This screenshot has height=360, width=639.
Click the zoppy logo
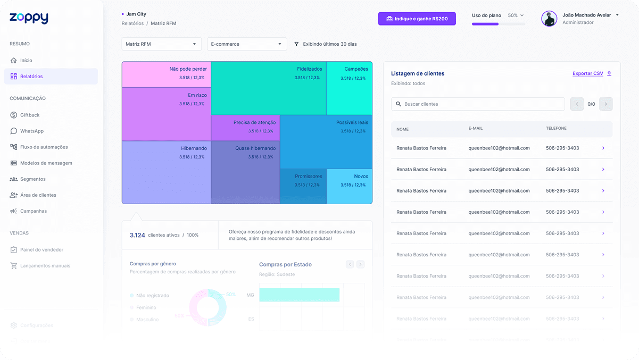[29, 18]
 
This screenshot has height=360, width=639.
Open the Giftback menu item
[30, 115]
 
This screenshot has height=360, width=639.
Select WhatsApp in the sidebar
[31, 131]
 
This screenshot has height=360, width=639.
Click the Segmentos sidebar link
[32, 179]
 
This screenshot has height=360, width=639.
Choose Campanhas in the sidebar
[33, 211]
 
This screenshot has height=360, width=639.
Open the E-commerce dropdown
[246, 44]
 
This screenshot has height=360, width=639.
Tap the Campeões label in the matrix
[356, 69]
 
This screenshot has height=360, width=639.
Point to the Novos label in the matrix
[361, 177]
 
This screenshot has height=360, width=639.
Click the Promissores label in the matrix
[309, 177]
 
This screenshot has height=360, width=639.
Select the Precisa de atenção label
[254, 123]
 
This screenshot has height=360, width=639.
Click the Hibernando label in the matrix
[194, 148]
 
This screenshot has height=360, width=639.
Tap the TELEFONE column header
[556, 129]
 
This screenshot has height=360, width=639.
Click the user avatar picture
[549, 19]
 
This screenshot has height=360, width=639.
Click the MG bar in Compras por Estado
[299, 295]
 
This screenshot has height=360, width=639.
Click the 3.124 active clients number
[137, 235]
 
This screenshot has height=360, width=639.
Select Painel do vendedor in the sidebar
[42, 250]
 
